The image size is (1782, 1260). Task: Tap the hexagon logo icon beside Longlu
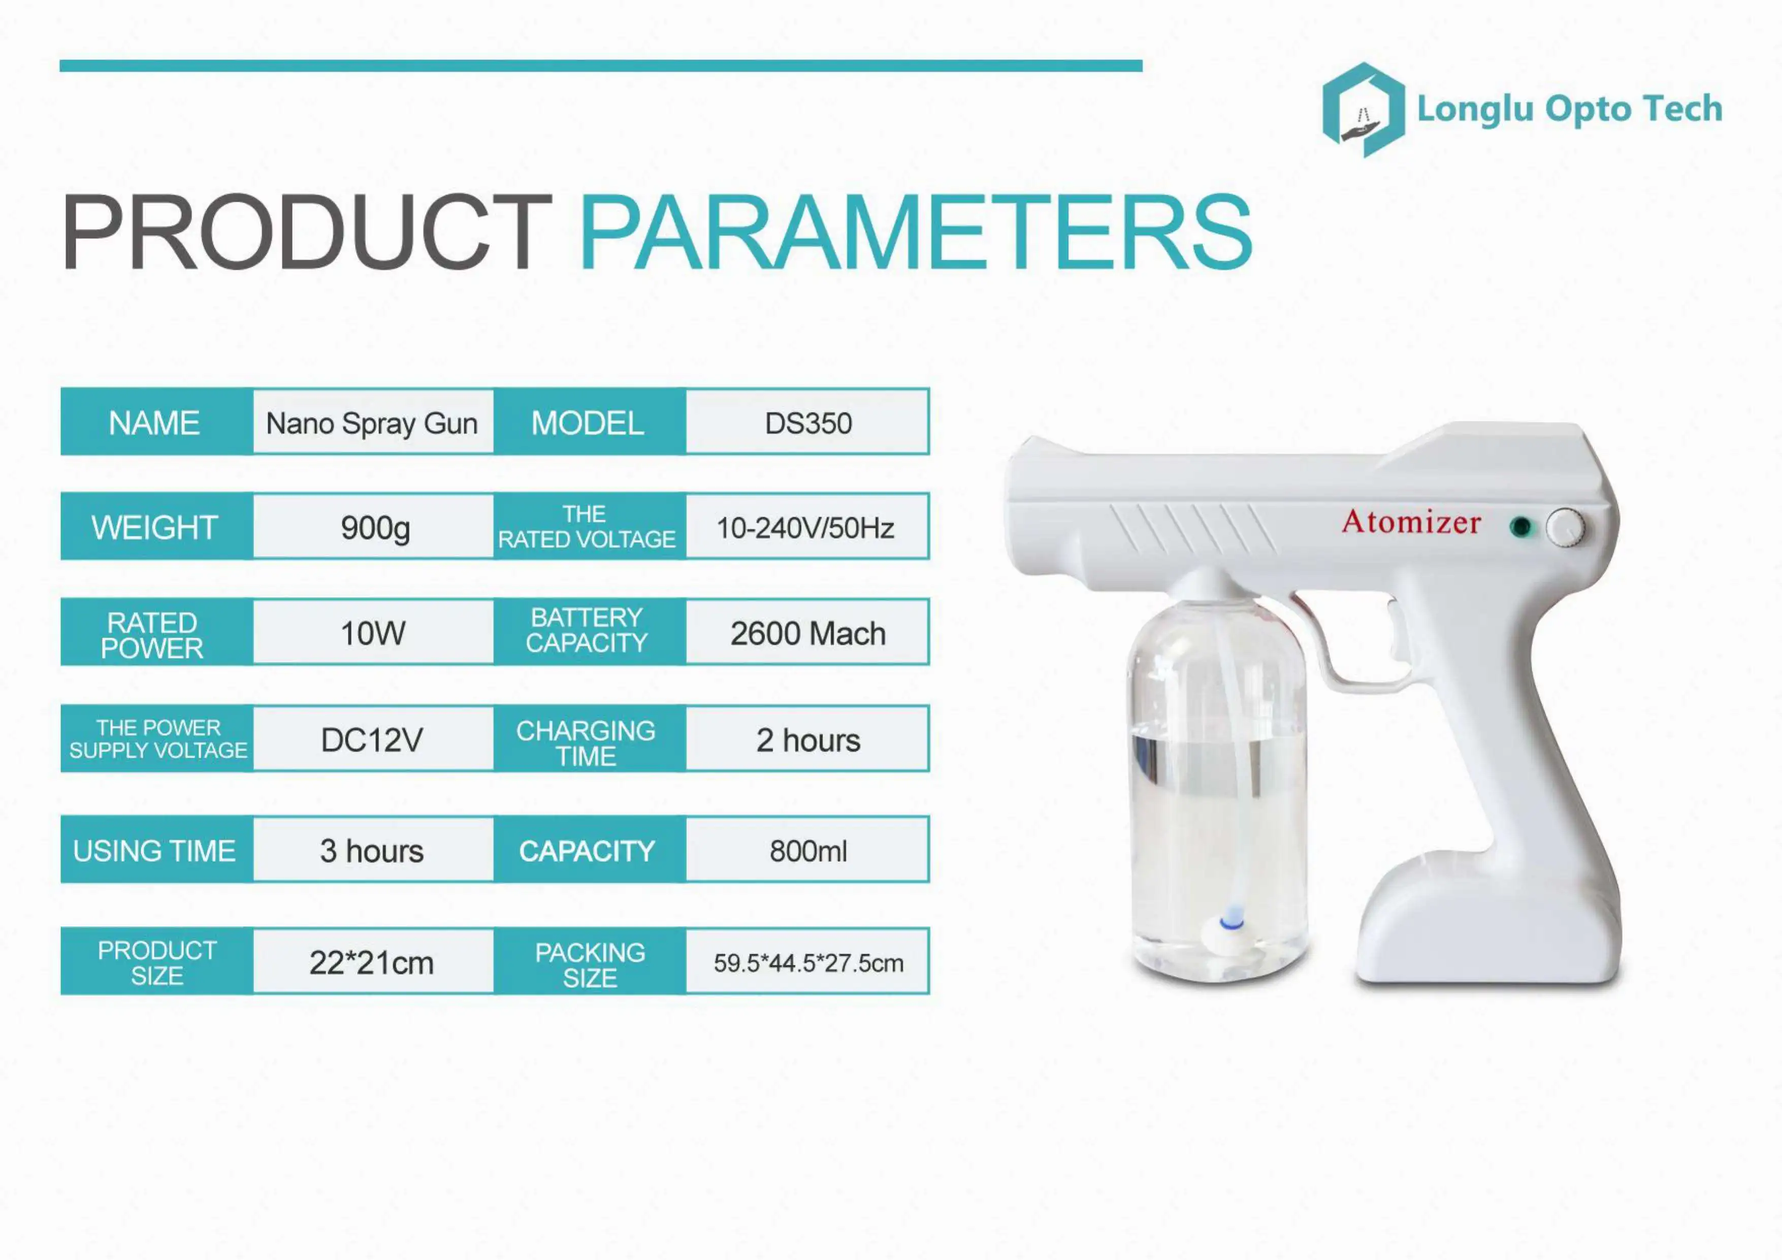(x=1363, y=110)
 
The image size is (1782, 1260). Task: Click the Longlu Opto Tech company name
(x=1569, y=109)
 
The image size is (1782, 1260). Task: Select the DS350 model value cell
(x=808, y=423)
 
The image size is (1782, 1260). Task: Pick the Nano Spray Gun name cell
(x=372, y=423)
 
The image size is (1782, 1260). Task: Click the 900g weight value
(x=375, y=528)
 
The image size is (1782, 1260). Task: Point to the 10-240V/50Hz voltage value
(x=805, y=528)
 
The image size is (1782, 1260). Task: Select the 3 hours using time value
(x=372, y=851)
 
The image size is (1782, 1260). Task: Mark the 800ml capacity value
(x=808, y=851)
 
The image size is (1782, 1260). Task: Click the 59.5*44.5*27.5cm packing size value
(x=808, y=963)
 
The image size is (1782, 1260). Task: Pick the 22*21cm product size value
(x=372, y=963)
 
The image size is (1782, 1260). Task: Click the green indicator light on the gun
(x=1520, y=528)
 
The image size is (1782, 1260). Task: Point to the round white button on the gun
(x=1565, y=528)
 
